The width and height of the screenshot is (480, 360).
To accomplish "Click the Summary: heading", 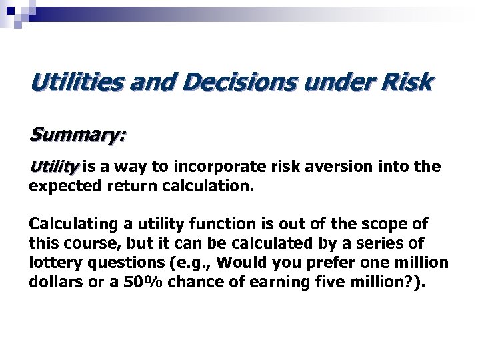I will (x=77, y=135).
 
